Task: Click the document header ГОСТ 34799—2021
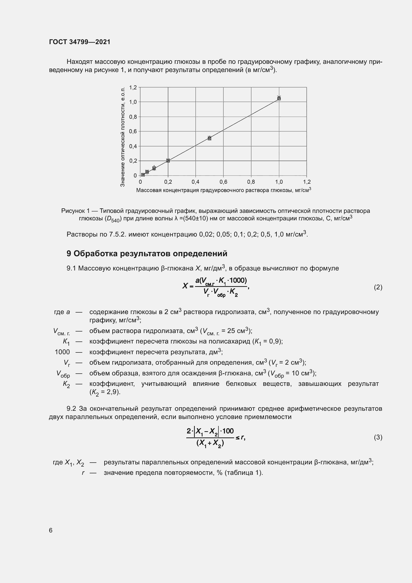point(80,42)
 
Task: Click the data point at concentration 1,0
point(279,98)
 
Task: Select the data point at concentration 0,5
point(209,138)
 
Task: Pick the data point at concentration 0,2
point(168,161)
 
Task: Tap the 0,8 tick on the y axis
point(133,117)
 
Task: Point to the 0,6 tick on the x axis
point(223,182)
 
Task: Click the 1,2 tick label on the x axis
point(306,182)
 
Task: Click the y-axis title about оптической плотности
point(123,137)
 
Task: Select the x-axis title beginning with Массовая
point(223,190)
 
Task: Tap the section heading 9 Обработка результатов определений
point(147,253)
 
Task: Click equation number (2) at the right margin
point(378,287)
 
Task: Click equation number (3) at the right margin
point(378,437)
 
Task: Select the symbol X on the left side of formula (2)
point(185,286)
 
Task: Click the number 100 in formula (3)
point(228,431)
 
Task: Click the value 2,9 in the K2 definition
point(113,392)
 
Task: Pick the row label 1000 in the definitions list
point(62,352)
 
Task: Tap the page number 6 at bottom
point(51,530)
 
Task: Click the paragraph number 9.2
point(71,409)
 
